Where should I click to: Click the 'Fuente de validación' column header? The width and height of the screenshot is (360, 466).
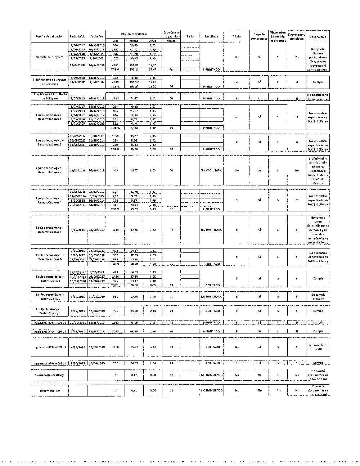(49, 36)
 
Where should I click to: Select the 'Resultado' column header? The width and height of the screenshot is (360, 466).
(211, 36)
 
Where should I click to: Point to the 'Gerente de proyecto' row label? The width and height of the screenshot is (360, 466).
(50, 57)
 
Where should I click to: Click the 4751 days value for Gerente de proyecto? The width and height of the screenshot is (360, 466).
(115, 65)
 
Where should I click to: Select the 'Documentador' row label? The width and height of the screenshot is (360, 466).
(50, 390)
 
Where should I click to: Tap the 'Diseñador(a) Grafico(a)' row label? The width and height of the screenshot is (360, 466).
(50, 375)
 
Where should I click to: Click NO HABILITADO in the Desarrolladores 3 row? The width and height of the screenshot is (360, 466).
(211, 170)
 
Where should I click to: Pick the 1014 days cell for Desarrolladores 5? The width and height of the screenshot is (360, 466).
(115, 229)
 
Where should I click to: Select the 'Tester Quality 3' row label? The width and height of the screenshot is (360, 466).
(50, 311)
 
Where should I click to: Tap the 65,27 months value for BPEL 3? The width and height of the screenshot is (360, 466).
(134, 347)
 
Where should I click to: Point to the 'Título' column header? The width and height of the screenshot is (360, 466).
(237, 36)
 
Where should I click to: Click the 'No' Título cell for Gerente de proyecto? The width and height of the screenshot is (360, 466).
(237, 57)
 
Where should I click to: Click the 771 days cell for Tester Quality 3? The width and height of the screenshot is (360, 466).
(115, 311)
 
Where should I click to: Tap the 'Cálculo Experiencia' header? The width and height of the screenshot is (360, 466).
(134, 33)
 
